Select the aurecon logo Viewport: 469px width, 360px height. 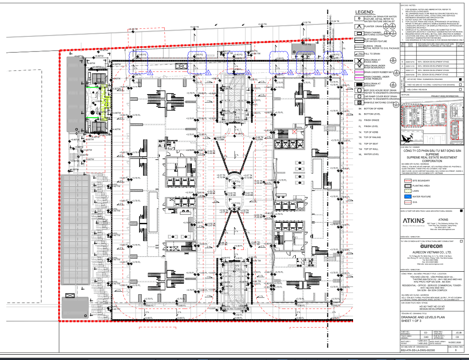(x=426, y=245)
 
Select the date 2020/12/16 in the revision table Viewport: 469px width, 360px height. (x=409, y=62)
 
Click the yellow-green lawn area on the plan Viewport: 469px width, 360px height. (x=106, y=99)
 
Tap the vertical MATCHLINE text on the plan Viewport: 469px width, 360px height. (x=324, y=40)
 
